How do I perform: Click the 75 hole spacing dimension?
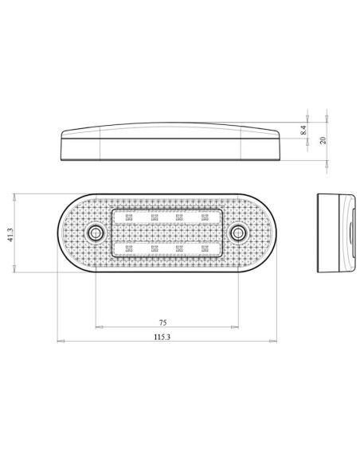tap(163, 323)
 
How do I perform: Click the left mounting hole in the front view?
tap(96, 232)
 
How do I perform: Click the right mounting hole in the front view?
tap(238, 232)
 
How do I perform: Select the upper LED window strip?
tap(166, 217)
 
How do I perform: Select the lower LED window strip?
tap(166, 249)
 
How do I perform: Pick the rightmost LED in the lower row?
tap(205, 248)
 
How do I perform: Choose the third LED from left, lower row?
tap(180, 248)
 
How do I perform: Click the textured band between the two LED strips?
tap(166, 232)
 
